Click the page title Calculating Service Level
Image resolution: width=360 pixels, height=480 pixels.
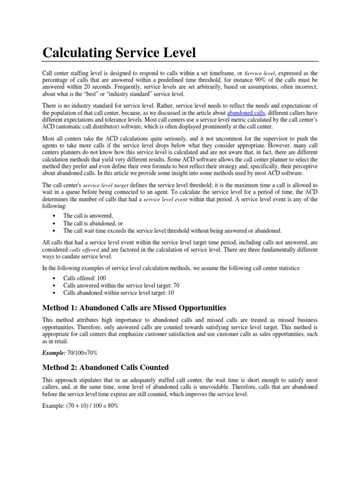tap(119, 52)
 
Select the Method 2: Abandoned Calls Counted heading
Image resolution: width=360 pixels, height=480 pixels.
tap(105, 367)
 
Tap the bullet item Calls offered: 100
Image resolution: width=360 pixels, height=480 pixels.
tap(84, 277)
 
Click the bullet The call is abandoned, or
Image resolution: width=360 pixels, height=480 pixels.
tap(93, 223)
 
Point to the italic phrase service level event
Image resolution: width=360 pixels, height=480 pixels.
tap(165, 200)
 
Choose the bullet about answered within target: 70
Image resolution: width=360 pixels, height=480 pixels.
tap(121, 285)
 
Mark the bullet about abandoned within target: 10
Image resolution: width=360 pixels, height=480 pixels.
tap(119, 292)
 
